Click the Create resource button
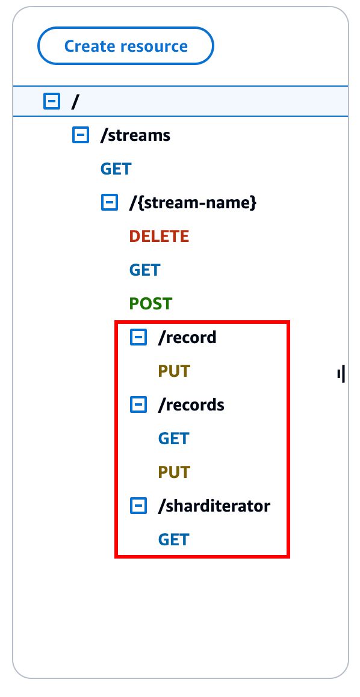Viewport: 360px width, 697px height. [125, 46]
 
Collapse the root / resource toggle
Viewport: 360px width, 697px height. [52, 102]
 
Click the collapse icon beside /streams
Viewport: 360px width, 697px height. [81, 135]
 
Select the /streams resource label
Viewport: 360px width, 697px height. [135, 135]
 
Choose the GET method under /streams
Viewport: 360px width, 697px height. [116, 169]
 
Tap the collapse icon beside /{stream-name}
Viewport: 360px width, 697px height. [110, 203]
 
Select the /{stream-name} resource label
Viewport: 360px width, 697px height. [193, 203]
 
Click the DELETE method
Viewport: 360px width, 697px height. [159, 237]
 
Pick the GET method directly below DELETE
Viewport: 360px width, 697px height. [144, 270]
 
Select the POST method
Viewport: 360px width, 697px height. [151, 304]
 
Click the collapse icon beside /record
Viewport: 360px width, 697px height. [138, 338]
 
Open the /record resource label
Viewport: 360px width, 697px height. [187, 338]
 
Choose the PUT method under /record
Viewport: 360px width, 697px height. [174, 371]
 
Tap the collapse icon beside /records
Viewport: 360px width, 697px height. [138, 405]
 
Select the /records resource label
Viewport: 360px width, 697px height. [191, 405]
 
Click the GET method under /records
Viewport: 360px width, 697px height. [173, 439]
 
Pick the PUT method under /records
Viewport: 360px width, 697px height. [174, 472]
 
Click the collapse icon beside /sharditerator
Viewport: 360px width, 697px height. [138, 506]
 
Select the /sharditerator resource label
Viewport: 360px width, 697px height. [214, 506]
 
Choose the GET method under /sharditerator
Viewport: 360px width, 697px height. [173, 540]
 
